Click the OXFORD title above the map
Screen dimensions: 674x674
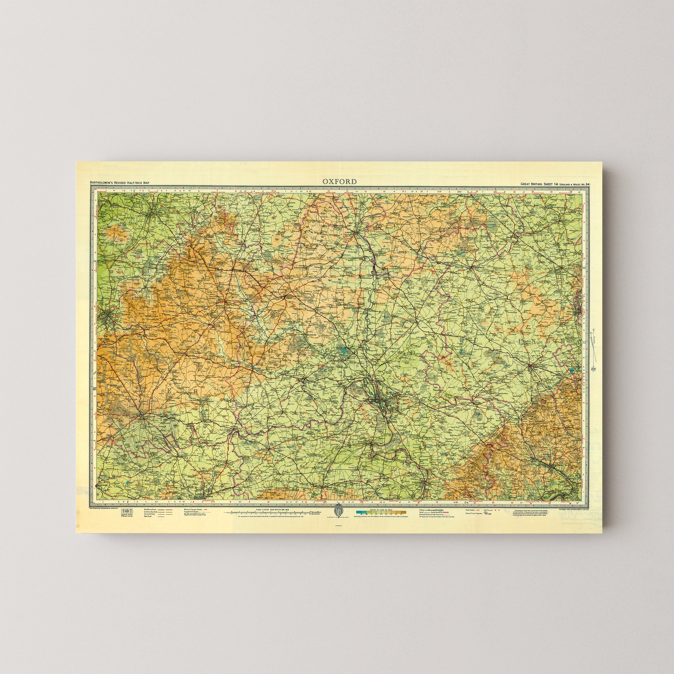(x=339, y=181)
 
